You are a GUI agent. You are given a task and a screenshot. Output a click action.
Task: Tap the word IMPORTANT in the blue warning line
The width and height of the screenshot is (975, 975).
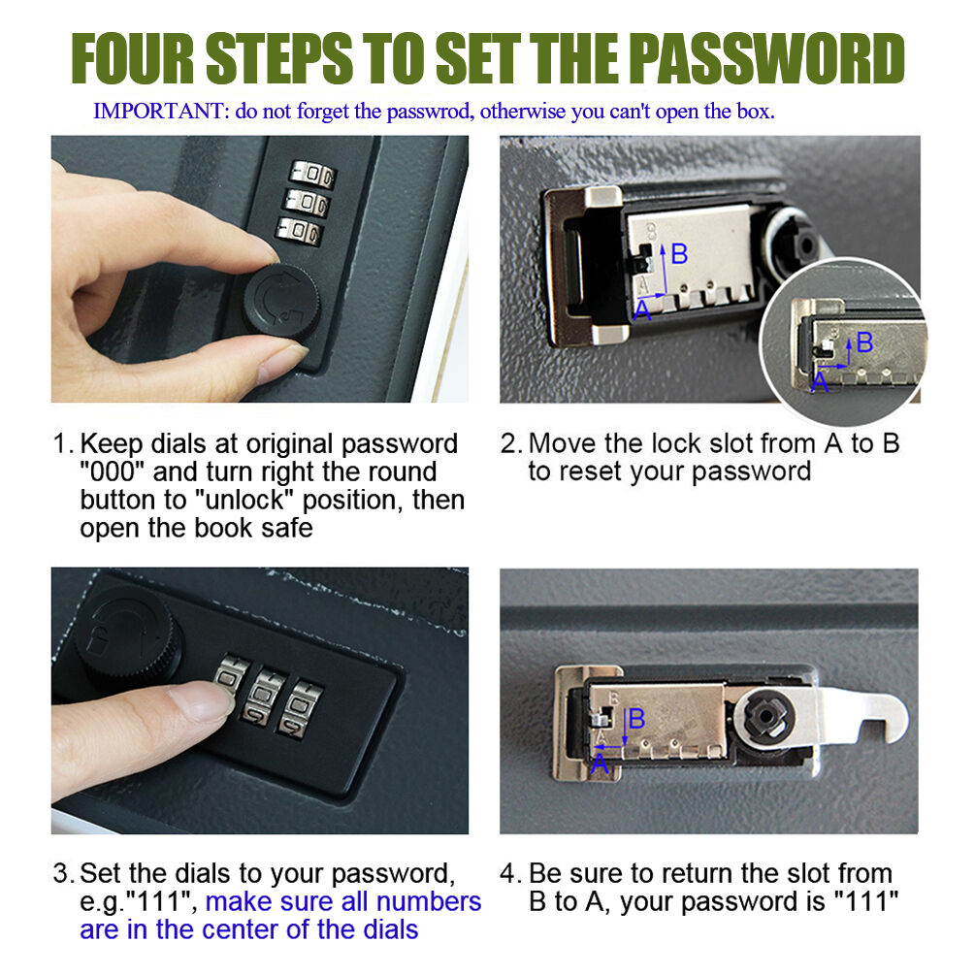tap(158, 112)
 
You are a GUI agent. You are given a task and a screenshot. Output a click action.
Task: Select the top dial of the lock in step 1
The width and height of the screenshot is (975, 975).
tap(313, 174)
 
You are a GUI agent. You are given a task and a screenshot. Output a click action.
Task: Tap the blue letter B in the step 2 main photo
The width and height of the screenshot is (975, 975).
tap(679, 254)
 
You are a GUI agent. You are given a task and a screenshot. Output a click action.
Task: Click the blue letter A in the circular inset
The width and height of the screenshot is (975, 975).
tap(820, 381)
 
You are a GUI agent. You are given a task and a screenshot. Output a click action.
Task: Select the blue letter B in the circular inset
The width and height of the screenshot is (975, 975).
tap(864, 342)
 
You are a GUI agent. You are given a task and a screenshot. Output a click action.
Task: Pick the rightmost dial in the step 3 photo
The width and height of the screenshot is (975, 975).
tap(301, 709)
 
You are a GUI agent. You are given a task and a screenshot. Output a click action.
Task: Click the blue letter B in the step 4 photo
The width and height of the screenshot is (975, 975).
tap(636, 719)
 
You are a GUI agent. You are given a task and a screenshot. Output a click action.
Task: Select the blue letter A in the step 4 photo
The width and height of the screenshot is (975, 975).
tap(600, 764)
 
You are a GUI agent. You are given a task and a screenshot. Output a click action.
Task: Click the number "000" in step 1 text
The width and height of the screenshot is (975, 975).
tap(113, 471)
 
